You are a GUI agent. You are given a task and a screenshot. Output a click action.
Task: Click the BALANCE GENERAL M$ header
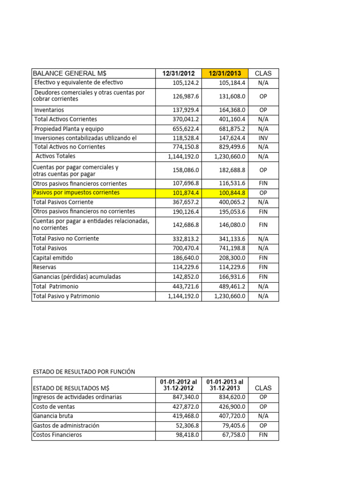(69, 74)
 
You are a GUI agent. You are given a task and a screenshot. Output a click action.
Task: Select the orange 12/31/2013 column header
(225, 74)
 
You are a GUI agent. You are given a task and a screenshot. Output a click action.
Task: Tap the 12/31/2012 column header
(179, 74)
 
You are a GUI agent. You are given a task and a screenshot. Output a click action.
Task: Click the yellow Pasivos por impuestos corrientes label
(76, 193)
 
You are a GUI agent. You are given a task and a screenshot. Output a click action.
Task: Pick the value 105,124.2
(186, 83)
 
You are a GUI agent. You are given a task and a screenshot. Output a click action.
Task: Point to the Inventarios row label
(49, 110)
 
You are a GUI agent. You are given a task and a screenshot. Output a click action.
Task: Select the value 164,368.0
(232, 110)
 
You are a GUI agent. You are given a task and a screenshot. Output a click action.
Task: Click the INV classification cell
(263, 138)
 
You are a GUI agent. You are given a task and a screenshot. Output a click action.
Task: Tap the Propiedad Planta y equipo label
(69, 129)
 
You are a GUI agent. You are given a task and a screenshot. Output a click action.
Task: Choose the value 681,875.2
(232, 129)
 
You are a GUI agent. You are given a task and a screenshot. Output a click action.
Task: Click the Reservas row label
(45, 267)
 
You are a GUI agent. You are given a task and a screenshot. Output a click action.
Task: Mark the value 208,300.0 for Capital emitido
(232, 258)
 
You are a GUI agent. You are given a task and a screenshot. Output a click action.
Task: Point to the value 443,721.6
(186, 286)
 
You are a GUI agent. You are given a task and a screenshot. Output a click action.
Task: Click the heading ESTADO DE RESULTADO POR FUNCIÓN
(84, 372)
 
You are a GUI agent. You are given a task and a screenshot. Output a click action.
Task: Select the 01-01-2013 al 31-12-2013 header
(225, 385)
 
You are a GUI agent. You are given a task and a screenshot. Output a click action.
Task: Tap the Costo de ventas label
(54, 407)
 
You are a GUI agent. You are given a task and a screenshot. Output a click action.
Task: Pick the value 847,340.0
(186, 397)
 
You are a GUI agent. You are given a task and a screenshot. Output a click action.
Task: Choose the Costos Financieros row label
(57, 435)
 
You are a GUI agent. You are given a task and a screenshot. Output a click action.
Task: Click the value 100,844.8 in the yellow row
(232, 193)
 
